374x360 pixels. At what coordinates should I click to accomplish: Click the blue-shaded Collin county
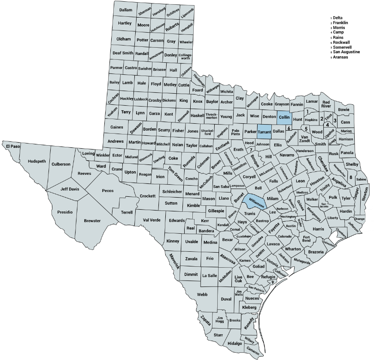pos(284,117)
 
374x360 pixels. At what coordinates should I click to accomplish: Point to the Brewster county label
pos(92,221)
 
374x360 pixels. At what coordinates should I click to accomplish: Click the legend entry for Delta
pos(338,18)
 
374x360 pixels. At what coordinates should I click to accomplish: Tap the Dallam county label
pos(125,10)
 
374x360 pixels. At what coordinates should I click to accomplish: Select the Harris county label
pos(318,229)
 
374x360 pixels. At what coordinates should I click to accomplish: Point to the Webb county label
pos(202,295)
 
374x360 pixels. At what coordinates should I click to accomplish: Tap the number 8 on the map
pos(351,177)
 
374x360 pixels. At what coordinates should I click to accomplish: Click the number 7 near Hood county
pos(251,150)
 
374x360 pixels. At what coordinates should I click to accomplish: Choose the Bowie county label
pos(344,110)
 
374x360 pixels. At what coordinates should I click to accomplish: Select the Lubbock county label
pos(140,99)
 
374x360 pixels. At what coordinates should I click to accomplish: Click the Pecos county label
pos(107,190)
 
